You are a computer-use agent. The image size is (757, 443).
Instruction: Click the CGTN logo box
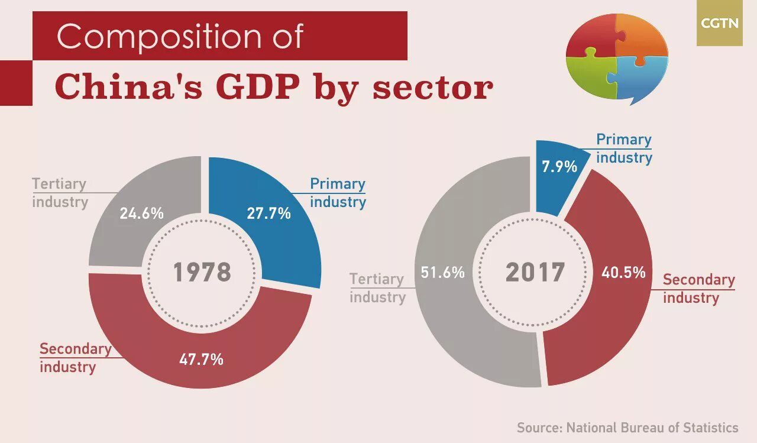point(719,24)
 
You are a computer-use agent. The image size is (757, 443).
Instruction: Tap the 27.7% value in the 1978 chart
point(268,214)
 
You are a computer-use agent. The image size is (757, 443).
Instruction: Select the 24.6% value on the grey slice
point(141,214)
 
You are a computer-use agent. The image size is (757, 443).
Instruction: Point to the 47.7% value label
point(201,359)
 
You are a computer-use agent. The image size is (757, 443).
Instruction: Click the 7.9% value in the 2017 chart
point(559,167)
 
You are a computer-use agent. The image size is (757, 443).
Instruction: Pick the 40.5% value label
point(623,273)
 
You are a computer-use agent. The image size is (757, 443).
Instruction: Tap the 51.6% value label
point(442,273)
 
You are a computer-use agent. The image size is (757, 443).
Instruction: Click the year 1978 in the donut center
point(202,273)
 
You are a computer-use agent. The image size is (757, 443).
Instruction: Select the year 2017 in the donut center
point(535,273)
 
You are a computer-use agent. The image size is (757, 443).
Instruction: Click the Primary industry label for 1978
point(338,193)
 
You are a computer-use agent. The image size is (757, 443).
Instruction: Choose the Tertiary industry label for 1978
point(60,193)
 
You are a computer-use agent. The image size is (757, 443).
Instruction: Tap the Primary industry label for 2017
point(623,148)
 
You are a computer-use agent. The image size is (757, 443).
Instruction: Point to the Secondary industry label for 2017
point(698,288)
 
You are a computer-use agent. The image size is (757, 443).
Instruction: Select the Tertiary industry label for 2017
point(377,288)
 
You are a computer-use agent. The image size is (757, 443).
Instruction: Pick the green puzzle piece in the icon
point(591,77)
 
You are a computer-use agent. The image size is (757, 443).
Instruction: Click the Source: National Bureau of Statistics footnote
point(627,428)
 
